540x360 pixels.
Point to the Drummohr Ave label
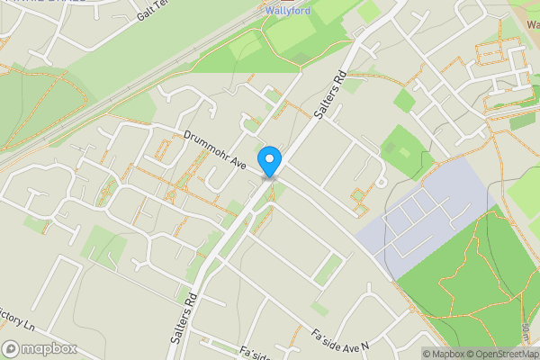214,149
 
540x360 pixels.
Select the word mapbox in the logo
49,348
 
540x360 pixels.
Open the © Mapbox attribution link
445,354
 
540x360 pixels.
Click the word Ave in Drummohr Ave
236,162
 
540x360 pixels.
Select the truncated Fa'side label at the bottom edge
254,353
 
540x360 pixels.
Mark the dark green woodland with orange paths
468,288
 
